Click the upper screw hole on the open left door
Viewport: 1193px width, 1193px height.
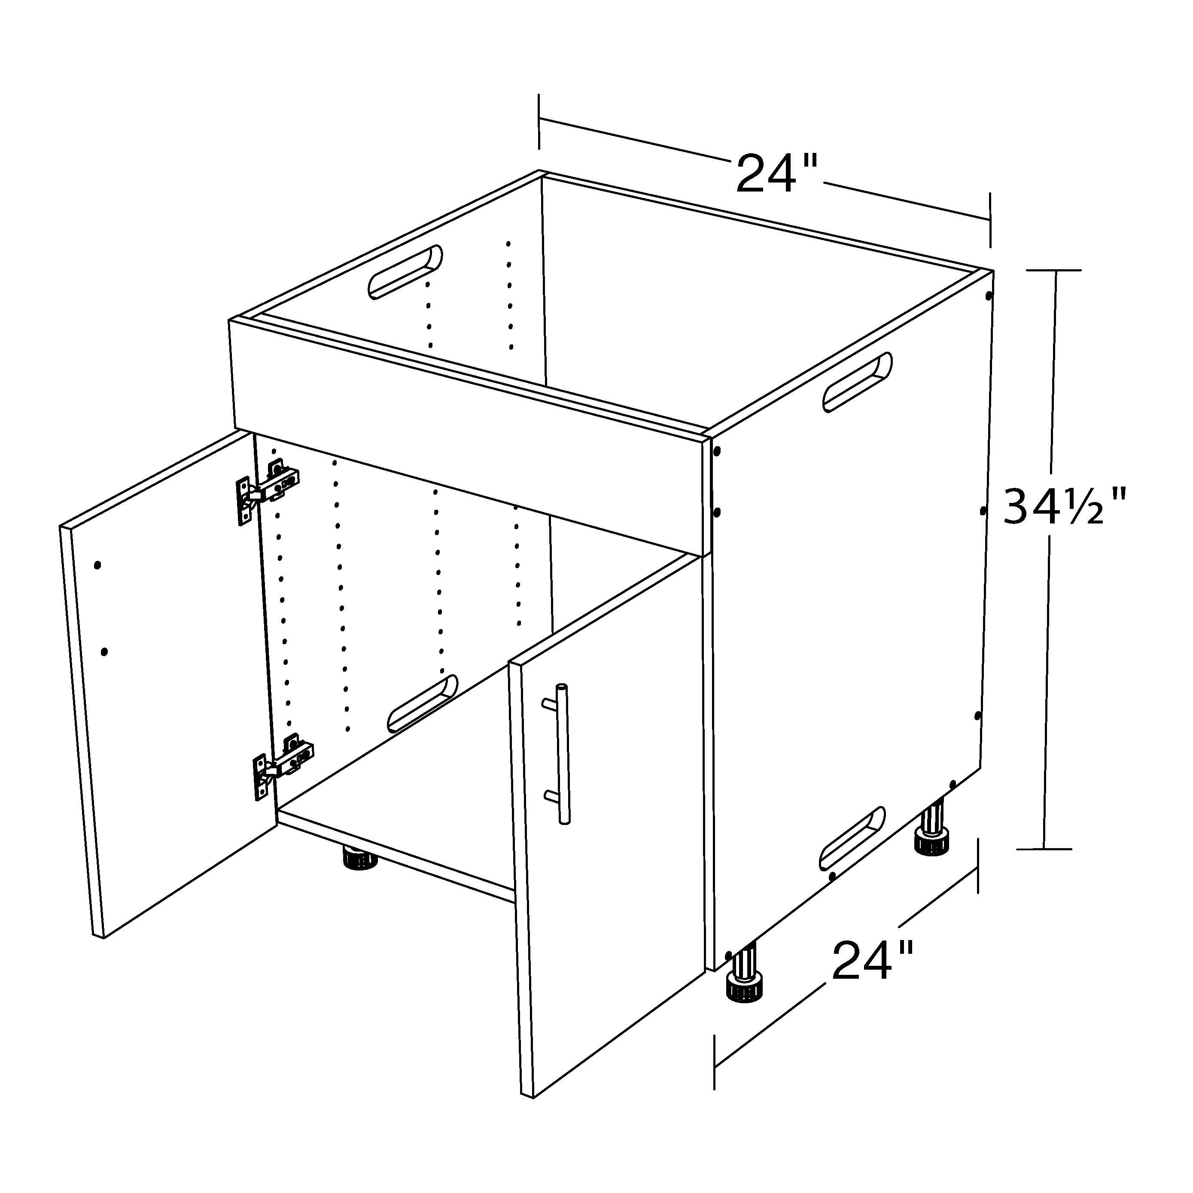coord(97,565)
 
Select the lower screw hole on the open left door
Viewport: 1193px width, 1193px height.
coord(104,651)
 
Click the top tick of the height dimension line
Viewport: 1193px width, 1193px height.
coord(1054,271)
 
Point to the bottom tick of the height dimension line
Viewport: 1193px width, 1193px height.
coord(1045,849)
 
